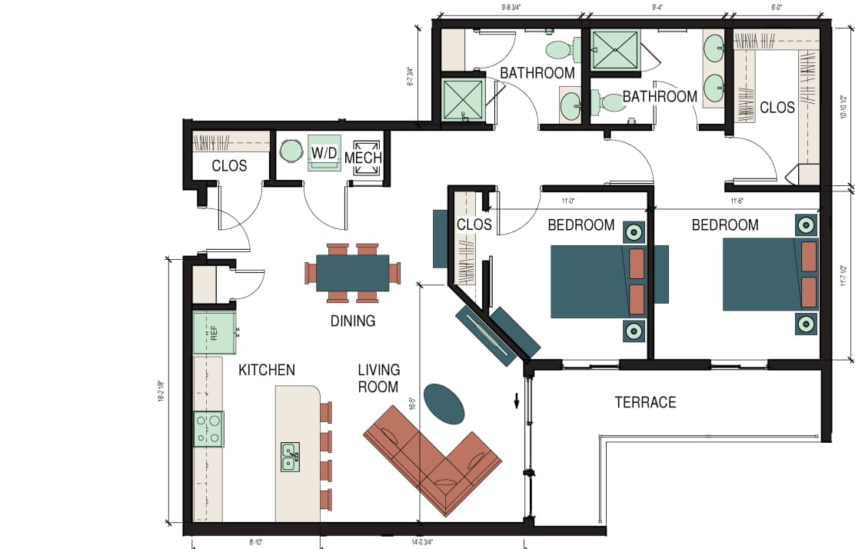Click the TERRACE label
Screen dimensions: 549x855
[645, 402]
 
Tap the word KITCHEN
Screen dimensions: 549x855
[266, 371]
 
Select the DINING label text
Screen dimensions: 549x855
[353, 321]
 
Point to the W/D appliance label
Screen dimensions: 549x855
[324, 153]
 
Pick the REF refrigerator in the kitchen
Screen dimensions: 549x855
[214, 333]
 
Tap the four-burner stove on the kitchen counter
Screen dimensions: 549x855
[208, 429]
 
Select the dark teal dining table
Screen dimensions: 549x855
[353, 273]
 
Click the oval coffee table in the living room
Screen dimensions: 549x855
[444, 403]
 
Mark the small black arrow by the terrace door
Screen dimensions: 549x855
[517, 401]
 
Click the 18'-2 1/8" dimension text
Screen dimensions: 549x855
[162, 392]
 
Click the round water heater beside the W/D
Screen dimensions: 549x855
[291, 151]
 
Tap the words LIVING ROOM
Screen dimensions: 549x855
[378, 379]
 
